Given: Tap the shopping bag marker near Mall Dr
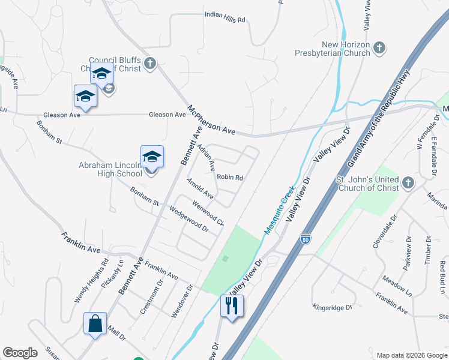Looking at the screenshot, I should click(95, 323).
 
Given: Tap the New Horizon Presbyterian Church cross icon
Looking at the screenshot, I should click(379, 47).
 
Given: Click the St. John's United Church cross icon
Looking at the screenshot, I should click(408, 182).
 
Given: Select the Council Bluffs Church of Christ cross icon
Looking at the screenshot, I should click(150, 62).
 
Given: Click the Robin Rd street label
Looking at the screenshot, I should click(229, 178).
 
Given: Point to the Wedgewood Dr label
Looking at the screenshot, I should click(188, 220).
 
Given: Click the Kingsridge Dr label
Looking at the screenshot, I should click(332, 307).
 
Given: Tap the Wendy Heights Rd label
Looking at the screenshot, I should click(91, 280).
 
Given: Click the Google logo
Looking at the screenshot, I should click(20, 353).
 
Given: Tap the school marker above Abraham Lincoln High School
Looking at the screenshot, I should click(152, 157).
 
